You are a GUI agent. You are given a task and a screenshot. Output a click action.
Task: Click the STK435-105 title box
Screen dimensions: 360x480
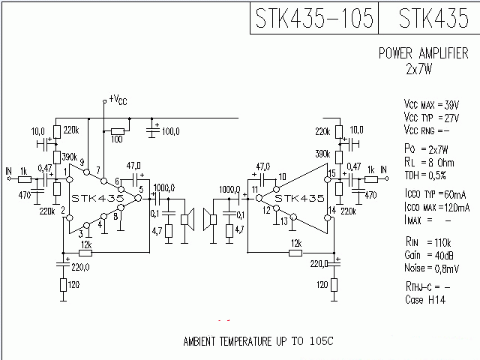pos(313,18)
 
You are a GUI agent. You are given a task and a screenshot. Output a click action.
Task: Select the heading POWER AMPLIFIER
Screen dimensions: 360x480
pos(423,54)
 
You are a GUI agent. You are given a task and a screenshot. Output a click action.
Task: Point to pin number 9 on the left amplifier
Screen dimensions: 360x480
pos(81,162)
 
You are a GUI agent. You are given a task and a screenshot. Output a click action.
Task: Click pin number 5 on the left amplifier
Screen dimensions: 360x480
pos(140,189)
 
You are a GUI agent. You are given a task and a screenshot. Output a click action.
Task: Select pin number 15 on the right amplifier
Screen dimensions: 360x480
pos(331,174)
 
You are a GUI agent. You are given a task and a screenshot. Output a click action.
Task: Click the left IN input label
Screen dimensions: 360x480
pos(8,169)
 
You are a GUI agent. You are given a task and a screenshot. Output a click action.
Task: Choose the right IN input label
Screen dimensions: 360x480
pos(383,170)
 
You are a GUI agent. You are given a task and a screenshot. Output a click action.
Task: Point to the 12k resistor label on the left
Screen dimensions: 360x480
pos(86,244)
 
